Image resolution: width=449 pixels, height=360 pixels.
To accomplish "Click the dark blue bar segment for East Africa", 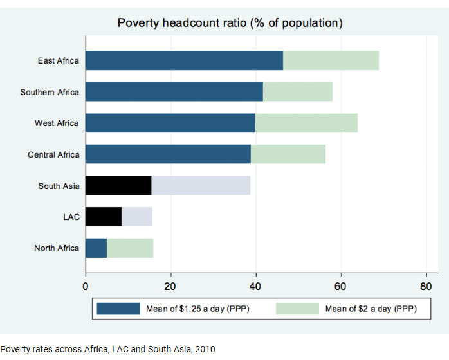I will [x=184, y=60].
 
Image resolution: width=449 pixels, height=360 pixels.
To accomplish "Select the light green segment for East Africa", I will [x=331, y=60].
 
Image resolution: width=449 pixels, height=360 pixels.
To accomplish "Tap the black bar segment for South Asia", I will [x=118, y=186].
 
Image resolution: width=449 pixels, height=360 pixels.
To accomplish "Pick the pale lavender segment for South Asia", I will [x=201, y=186].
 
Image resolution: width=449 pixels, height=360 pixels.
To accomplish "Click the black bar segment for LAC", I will [x=104, y=217].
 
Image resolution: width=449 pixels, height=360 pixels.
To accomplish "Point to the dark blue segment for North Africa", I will [x=96, y=248].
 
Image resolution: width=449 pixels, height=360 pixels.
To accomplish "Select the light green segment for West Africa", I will [x=306, y=123].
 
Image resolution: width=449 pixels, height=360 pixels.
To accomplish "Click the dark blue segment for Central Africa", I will [x=168, y=154].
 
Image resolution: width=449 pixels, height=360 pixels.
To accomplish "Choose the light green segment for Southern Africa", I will [x=298, y=92].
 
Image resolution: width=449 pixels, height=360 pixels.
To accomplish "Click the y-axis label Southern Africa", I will [x=50, y=92].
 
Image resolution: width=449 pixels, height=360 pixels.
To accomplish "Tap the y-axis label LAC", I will [x=71, y=217].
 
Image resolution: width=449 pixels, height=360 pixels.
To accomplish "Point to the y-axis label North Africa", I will [x=57, y=248].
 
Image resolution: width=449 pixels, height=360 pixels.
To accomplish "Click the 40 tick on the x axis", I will [x=256, y=285].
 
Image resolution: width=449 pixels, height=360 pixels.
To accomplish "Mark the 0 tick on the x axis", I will [x=86, y=285].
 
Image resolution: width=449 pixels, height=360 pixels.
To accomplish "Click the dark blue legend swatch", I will [x=118, y=309].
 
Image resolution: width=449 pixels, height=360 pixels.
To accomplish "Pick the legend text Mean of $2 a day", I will [x=371, y=309].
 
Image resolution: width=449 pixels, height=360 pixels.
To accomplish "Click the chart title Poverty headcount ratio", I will [x=230, y=23].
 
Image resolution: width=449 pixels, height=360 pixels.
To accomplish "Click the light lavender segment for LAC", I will [x=137, y=217].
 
